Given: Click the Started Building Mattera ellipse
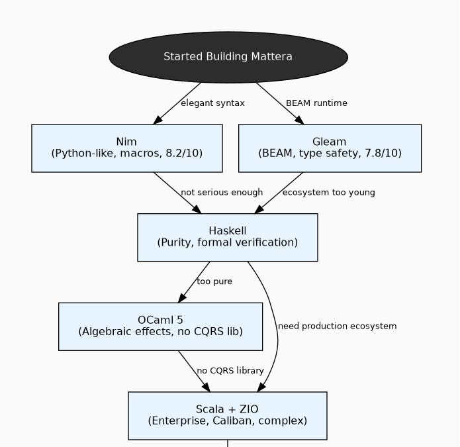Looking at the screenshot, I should point(228,57).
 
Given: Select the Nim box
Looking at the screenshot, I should point(126,148).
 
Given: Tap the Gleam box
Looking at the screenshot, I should point(329,148).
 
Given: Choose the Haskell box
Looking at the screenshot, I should point(227,237).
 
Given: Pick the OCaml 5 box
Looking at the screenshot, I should point(160,326).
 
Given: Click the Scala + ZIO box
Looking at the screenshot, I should point(227,415).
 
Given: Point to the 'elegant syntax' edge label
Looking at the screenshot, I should point(212,103).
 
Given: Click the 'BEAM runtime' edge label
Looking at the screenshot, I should point(316,103).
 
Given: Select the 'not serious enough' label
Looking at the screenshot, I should point(222,193).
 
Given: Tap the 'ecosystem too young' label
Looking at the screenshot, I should point(328,193).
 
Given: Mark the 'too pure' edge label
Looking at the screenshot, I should point(214,281).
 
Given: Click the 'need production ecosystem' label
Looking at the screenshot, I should point(337,326).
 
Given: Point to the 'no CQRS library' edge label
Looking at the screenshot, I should point(230,371).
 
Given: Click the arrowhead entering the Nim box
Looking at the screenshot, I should point(158,120).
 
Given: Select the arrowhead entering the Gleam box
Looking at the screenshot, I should point(299,120).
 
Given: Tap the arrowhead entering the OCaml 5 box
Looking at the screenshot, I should point(182,298).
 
